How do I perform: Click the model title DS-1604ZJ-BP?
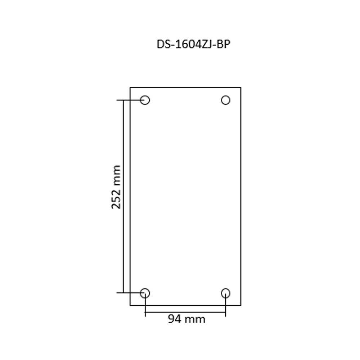click(x=193, y=44)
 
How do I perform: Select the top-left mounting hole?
click(x=145, y=100)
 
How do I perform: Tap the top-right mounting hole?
click(x=226, y=100)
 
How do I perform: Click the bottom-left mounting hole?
click(x=145, y=293)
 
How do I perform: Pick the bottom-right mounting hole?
click(x=226, y=293)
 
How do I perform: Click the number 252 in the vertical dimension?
click(x=116, y=197)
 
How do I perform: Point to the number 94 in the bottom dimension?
click(x=175, y=319)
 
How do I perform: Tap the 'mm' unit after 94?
click(x=195, y=319)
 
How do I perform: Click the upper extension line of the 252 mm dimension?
click(x=126, y=100)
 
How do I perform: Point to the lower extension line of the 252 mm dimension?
click(x=126, y=293)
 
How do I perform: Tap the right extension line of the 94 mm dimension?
click(x=226, y=310)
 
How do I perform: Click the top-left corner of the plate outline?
click(x=130, y=87)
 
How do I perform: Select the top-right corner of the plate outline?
click(x=241, y=87)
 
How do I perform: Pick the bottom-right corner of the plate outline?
click(x=241, y=305)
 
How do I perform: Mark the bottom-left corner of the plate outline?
click(x=130, y=305)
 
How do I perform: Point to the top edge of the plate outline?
click(x=185, y=87)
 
